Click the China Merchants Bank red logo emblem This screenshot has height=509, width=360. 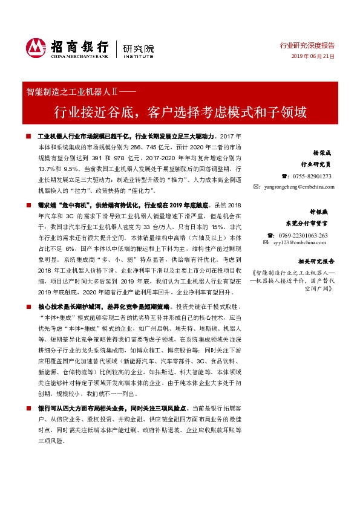click(x=36, y=46)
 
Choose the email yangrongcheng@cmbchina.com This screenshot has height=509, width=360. click(x=298, y=187)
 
